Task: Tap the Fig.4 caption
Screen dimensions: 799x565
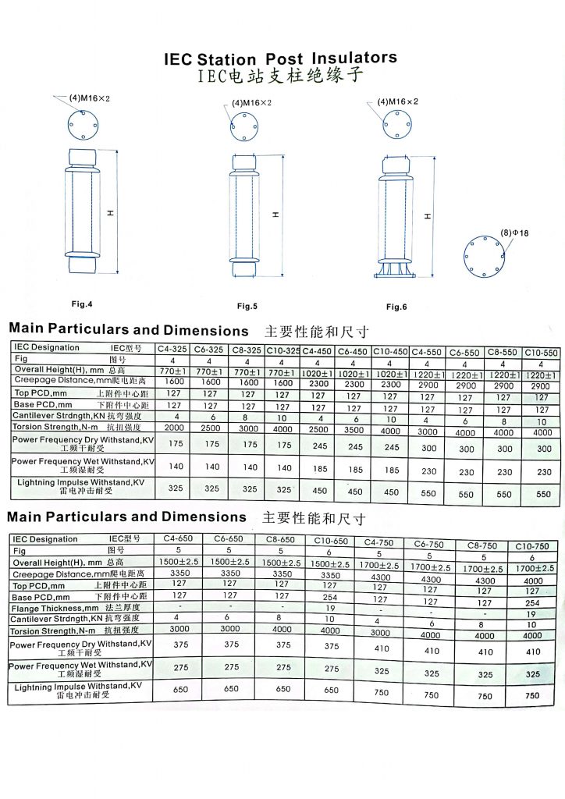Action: tap(82, 304)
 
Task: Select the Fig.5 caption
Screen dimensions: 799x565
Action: tap(247, 306)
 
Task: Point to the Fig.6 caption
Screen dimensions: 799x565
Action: tap(396, 307)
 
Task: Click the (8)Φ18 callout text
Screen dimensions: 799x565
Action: tap(515, 233)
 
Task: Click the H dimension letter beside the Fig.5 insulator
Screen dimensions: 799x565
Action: tap(276, 215)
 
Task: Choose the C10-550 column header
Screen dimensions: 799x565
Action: tap(541, 353)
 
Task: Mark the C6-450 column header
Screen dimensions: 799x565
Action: tap(354, 351)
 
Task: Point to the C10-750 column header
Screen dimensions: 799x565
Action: tap(531, 546)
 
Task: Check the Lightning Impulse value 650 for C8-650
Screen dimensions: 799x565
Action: tap(283, 689)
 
